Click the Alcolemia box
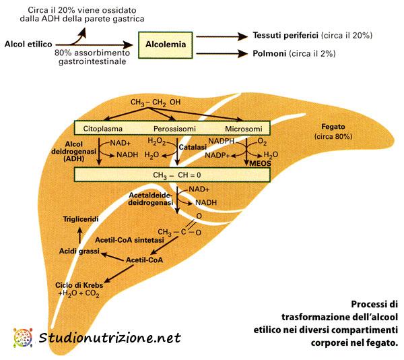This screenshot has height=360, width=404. [166, 44]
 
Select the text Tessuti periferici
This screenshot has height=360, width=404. [281, 34]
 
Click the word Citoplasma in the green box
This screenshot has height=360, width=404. [106, 127]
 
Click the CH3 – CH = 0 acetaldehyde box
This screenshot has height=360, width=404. [172, 174]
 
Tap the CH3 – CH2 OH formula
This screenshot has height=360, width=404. [156, 102]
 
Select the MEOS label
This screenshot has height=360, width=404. [259, 162]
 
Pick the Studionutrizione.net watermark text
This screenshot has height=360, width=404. [110, 338]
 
